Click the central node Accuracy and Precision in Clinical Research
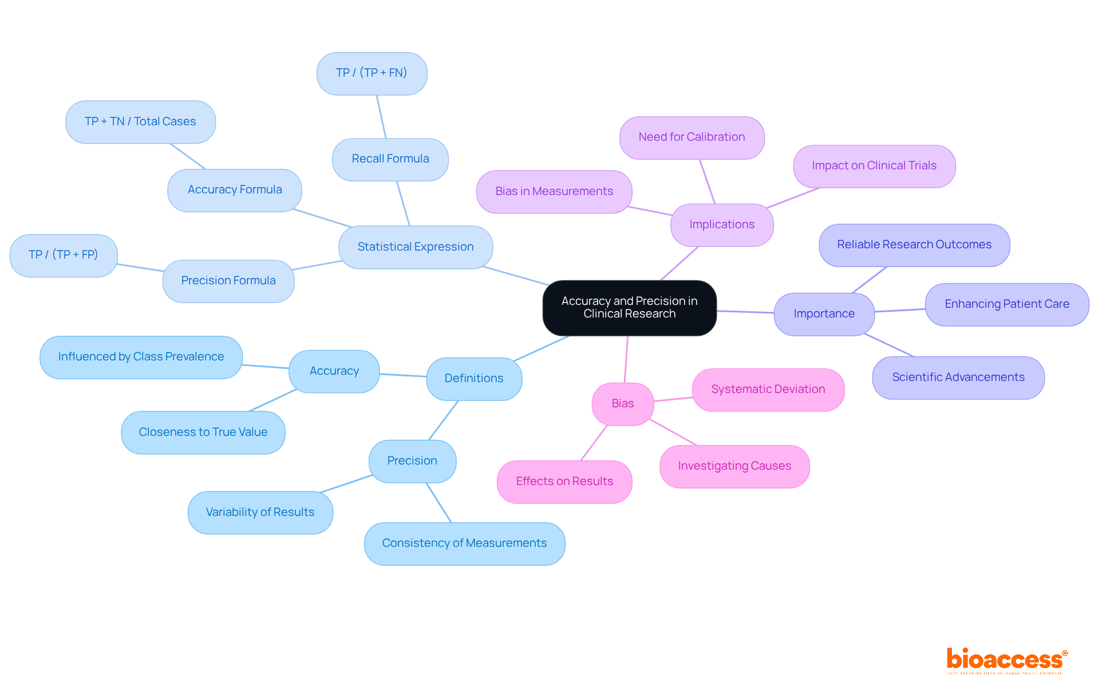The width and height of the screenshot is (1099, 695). [x=629, y=308]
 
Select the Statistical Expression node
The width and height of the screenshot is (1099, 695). [x=416, y=247]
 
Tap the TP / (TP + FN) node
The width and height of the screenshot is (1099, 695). [x=371, y=73]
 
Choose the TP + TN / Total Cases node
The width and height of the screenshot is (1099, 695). [x=140, y=122]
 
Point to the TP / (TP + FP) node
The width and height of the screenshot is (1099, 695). [x=64, y=255]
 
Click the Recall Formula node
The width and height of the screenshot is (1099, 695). [x=390, y=159]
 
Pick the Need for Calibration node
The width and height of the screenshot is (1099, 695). [x=691, y=137]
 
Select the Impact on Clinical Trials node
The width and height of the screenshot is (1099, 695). [x=874, y=166]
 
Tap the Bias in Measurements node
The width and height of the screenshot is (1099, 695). [x=554, y=192]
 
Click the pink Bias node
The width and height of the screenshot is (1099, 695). [x=623, y=404]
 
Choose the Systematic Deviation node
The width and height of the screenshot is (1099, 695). [x=768, y=390]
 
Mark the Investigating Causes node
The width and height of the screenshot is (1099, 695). [x=734, y=466]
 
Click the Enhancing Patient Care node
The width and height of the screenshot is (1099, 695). [x=1007, y=304]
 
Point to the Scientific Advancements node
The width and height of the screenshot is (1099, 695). [x=958, y=378]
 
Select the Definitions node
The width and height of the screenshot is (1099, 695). [x=474, y=379]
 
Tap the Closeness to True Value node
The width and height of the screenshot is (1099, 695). [x=203, y=432]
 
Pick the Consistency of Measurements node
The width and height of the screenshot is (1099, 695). [x=464, y=543]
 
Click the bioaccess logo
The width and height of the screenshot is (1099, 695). [x=1006, y=661]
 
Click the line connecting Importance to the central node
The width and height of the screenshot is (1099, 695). [x=745, y=312]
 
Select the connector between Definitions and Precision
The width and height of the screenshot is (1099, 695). [x=444, y=420]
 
